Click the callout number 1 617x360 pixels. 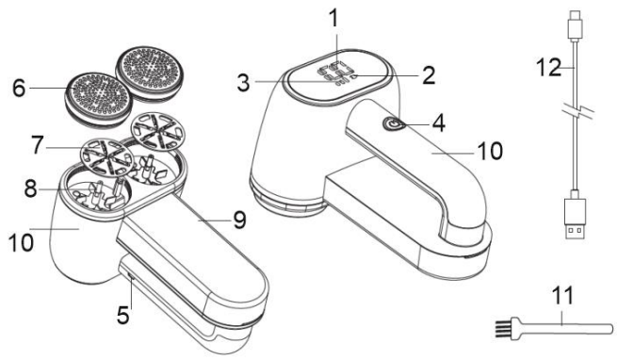(x=333, y=19)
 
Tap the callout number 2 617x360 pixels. (x=428, y=74)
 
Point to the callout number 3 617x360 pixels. (x=244, y=82)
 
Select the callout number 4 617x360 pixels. (x=438, y=123)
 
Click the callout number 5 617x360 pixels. (x=123, y=315)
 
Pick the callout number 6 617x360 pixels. (x=19, y=88)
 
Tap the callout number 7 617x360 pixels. (x=38, y=145)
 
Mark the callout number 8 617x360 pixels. (x=31, y=188)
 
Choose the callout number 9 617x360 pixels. (x=239, y=220)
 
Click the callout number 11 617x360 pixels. (x=562, y=295)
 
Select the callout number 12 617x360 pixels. (x=549, y=67)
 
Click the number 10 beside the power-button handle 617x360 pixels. (x=490, y=151)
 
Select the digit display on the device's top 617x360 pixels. (x=334, y=72)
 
